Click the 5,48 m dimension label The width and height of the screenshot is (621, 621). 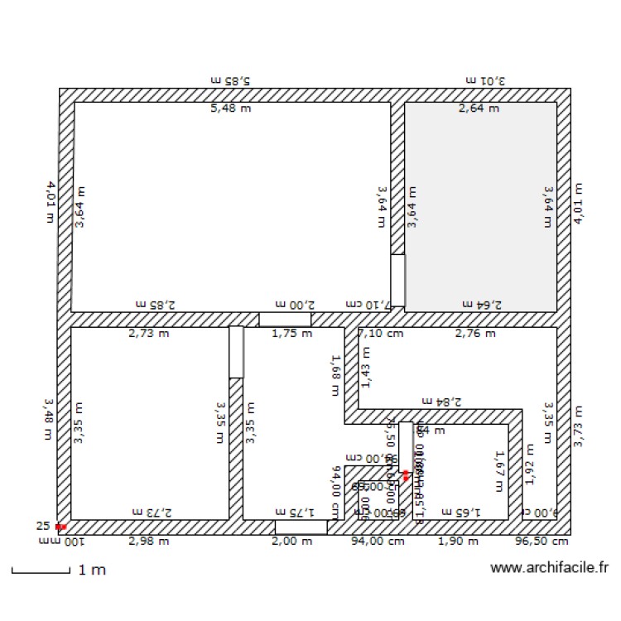(x=230, y=108)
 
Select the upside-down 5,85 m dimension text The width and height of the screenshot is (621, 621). (x=230, y=81)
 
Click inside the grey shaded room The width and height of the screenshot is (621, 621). (x=480, y=207)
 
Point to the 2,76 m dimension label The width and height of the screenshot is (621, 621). (x=475, y=334)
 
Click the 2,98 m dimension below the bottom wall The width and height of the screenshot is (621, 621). (x=149, y=542)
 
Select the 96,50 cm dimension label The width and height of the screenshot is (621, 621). (x=542, y=542)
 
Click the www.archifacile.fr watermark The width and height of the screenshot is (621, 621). (x=549, y=568)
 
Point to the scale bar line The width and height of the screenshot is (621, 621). (x=40, y=571)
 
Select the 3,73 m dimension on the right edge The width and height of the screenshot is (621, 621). (x=578, y=426)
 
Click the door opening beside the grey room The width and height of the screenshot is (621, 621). (x=397, y=280)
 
